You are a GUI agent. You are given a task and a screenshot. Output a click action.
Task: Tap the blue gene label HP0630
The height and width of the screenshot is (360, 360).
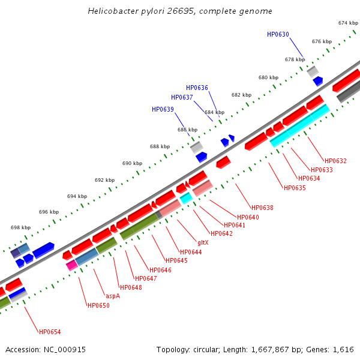[278, 34]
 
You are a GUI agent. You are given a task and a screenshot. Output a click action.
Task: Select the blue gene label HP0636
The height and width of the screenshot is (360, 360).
[197, 88]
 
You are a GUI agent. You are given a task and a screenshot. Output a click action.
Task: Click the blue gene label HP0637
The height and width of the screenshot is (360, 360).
[182, 97]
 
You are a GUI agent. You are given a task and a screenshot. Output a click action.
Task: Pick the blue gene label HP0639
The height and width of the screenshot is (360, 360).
[163, 109]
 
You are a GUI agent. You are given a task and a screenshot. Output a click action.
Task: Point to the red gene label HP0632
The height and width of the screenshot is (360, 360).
[335, 161]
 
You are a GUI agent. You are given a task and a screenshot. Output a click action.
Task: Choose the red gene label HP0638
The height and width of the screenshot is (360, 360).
[262, 208]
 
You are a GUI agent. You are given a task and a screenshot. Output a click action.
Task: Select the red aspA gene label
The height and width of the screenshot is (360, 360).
[112, 296]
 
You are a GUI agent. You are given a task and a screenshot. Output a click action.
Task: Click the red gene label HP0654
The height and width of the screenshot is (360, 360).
[50, 332]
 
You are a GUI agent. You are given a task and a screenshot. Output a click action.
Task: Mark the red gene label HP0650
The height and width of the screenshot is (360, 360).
[98, 305]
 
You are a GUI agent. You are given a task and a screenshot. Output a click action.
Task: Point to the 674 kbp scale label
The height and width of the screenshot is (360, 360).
[348, 23]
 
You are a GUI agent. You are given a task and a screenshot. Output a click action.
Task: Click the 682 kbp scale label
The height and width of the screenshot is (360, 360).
[241, 95]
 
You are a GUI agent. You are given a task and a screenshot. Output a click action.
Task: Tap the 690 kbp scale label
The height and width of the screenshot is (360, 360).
[132, 163]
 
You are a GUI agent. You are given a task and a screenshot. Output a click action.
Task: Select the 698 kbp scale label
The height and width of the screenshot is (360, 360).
[20, 227]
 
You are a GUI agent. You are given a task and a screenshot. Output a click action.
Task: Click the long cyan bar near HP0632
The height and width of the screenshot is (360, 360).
[299, 125]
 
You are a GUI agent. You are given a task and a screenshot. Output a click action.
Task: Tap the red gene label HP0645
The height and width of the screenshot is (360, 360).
[176, 260]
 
